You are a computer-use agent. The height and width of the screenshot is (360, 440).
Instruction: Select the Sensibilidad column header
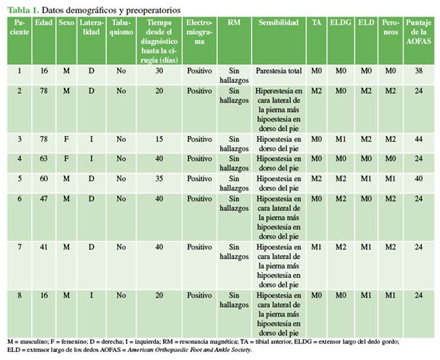click(278, 23)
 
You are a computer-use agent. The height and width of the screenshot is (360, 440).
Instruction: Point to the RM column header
click(234, 23)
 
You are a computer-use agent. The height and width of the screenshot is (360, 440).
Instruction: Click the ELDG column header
click(340, 23)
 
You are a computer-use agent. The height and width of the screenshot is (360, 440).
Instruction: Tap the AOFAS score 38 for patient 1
click(420, 70)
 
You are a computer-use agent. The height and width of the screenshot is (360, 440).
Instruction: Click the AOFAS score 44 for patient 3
click(420, 138)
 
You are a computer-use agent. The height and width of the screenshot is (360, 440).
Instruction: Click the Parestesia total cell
click(278, 70)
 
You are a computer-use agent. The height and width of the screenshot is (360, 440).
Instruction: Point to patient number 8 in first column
click(17, 295)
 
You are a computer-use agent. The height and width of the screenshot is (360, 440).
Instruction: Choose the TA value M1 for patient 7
click(316, 247)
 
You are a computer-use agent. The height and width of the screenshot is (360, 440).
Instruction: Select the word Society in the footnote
click(235, 350)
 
